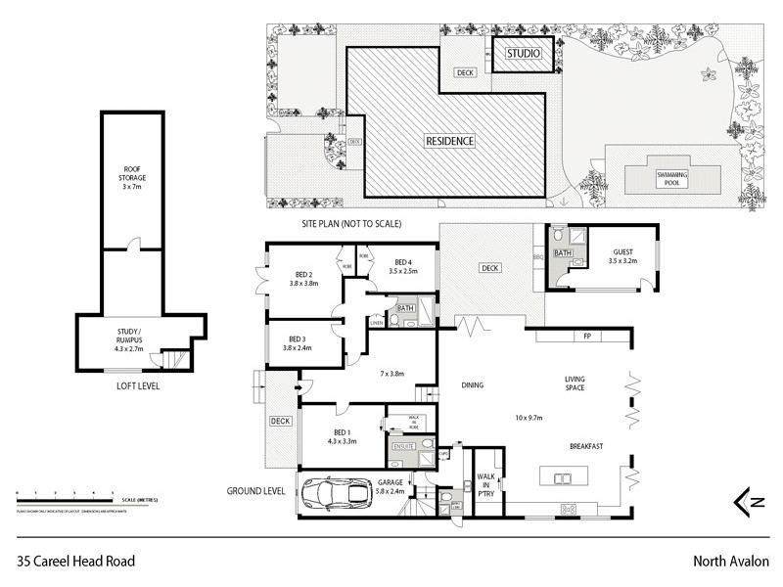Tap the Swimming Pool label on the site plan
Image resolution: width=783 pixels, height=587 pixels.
pyautogui.click(x=672, y=175)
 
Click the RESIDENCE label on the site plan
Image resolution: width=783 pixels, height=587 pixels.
pyautogui.click(x=449, y=141)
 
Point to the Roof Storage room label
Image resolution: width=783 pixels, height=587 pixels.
pyautogui.click(x=132, y=181)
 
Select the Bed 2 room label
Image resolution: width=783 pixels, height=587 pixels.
pyautogui.click(x=303, y=279)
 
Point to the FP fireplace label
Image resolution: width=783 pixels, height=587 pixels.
pyautogui.click(x=586, y=336)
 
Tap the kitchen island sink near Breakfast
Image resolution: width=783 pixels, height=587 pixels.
pyautogui.click(x=564, y=478)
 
